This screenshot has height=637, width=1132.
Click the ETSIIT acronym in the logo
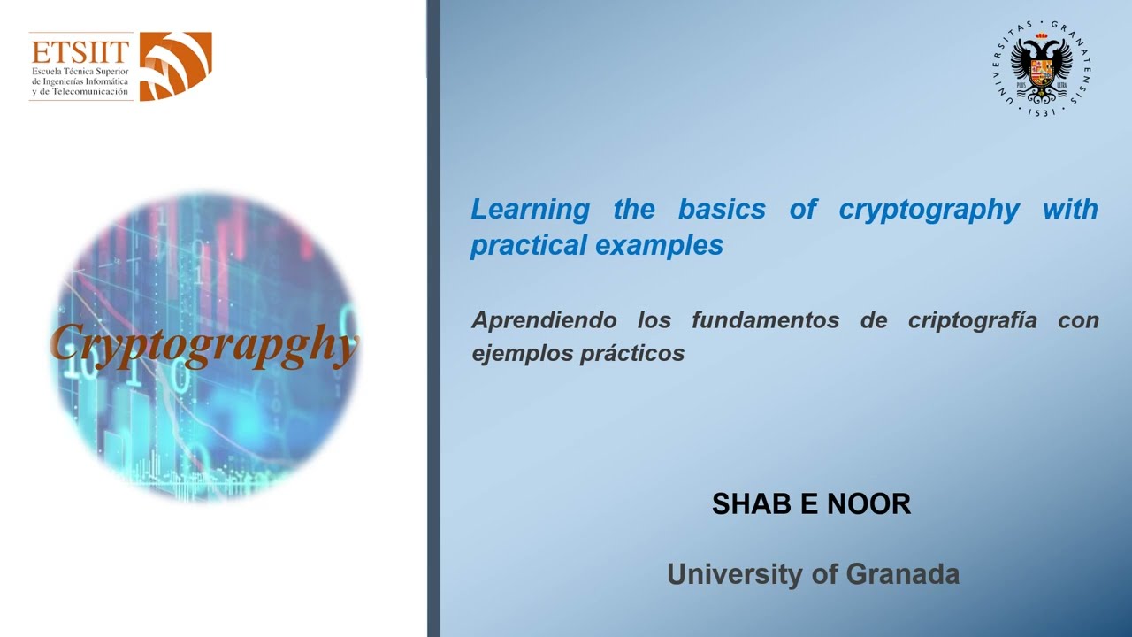pos(80,51)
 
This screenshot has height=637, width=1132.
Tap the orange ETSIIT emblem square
pos(175,66)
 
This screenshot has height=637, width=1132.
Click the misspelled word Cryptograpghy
pos(204,345)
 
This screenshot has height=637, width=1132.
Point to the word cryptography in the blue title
pos(929,211)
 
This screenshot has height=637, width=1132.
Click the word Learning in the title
pos(530,210)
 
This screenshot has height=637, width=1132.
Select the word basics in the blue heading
pos(722,209)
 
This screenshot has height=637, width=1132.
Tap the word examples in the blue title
pos(660,246)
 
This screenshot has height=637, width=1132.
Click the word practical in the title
pos(529,246)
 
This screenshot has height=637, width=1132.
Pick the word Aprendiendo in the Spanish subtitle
pos(544,320)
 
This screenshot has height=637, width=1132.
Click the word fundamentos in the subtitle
pos(766,320)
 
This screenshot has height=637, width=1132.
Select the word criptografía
pos(972,320)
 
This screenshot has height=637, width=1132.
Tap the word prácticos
pos(632,353)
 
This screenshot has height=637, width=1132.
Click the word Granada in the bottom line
pos(903,574)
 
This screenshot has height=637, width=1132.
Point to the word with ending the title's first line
pos(1070,209)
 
